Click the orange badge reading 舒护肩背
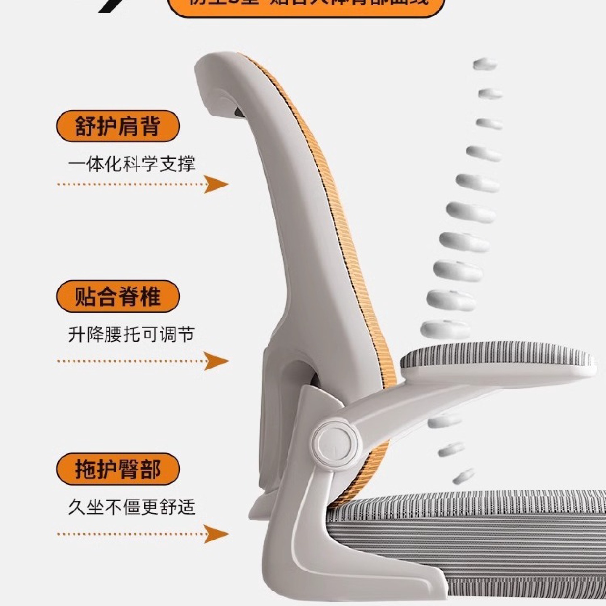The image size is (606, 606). [x=118, y=126]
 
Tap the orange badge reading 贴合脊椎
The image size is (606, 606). [x=118, y=296]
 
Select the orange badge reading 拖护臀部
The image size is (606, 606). [x=118, y=469]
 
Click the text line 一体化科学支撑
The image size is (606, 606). [x=131, y=164]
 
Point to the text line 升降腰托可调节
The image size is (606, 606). [x=131, y=335]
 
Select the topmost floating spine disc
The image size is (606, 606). [x=485, y=65]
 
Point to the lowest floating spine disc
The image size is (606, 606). [x=464, y=477]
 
